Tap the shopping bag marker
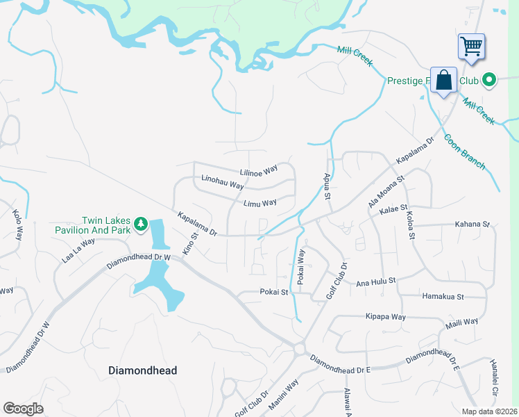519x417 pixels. point(443,80)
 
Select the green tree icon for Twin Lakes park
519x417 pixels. point(141,224)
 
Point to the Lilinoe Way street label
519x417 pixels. point(258,170)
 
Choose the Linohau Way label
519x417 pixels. point(222,182)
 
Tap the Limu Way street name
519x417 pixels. point(260,202)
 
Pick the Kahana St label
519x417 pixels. point(472,224)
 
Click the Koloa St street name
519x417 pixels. point(410,225)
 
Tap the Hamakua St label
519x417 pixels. point(443,296)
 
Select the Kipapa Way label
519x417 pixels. point(385,316)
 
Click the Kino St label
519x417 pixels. point(189,243)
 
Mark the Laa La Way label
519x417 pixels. point(78,250)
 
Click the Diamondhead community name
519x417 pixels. point(143,370)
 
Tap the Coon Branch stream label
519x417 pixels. point(464,151)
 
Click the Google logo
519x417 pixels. point(23,408)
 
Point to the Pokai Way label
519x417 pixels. point(300,266)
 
